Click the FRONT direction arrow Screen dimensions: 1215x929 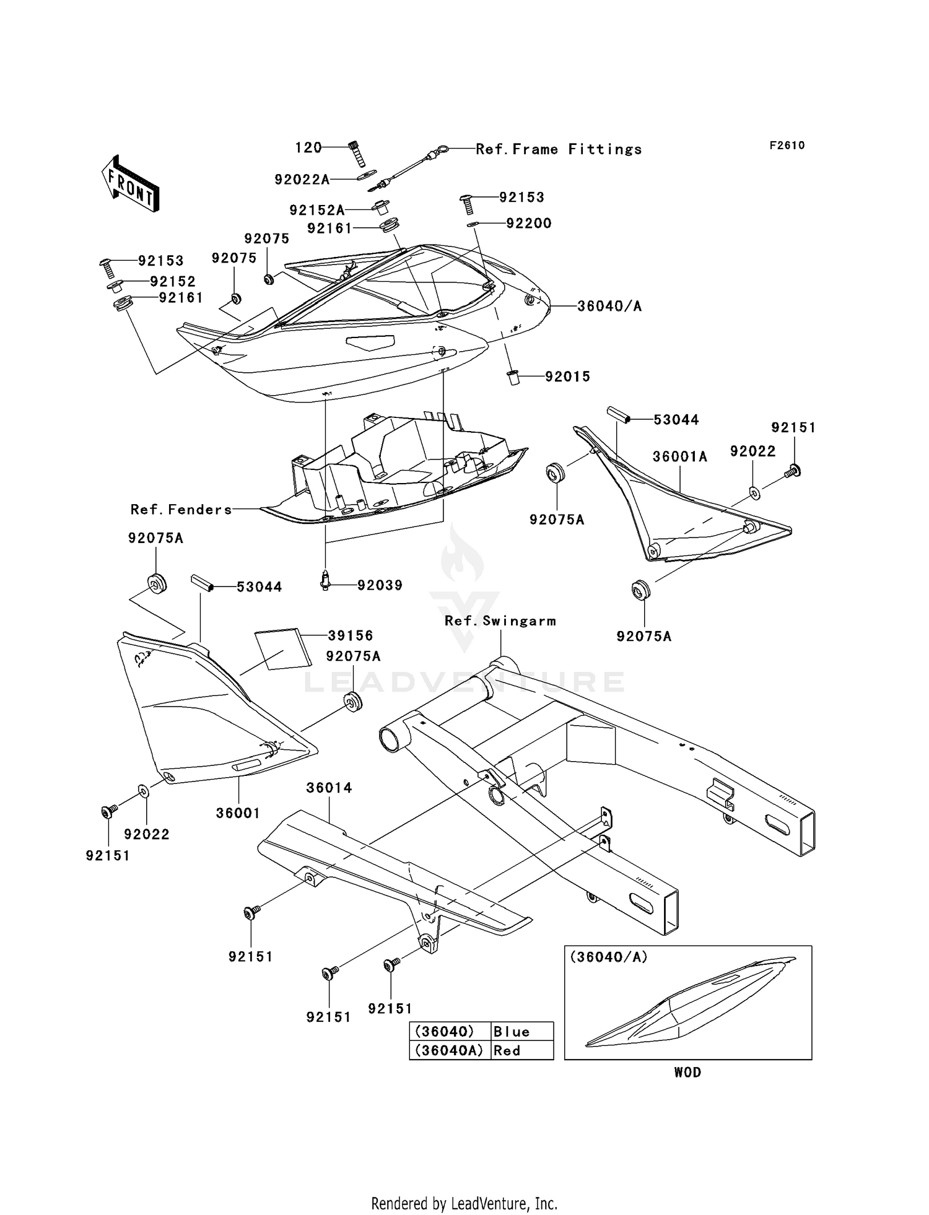(131, 184)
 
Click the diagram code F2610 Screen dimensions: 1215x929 (787, 146)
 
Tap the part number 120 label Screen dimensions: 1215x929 (308, 147)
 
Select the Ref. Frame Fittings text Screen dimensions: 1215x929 (559, 149)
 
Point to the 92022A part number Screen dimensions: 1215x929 (302, 180)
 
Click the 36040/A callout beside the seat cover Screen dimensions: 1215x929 (609, 306)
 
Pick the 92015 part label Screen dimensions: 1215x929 (567, 377)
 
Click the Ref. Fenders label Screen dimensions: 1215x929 (181, 510)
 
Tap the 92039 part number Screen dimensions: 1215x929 (380, 585)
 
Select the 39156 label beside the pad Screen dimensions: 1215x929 (351, 635)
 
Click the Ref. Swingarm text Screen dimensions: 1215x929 (500, 621)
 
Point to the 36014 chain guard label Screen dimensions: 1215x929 (329, 788)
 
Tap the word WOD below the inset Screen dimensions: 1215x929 (687, 1073)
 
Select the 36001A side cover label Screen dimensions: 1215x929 (679, 456)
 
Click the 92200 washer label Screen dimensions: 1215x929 (528, 224)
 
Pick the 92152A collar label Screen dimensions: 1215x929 (316, 211)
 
